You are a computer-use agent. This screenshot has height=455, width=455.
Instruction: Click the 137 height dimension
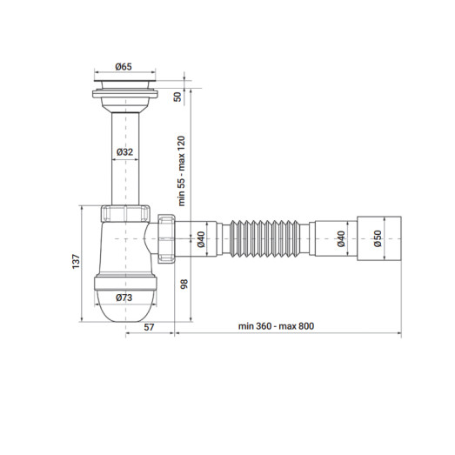coord(77,261)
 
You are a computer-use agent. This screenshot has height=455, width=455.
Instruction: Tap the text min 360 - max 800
coord(276,326)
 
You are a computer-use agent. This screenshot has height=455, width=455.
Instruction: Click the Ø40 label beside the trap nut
coord(199,239)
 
